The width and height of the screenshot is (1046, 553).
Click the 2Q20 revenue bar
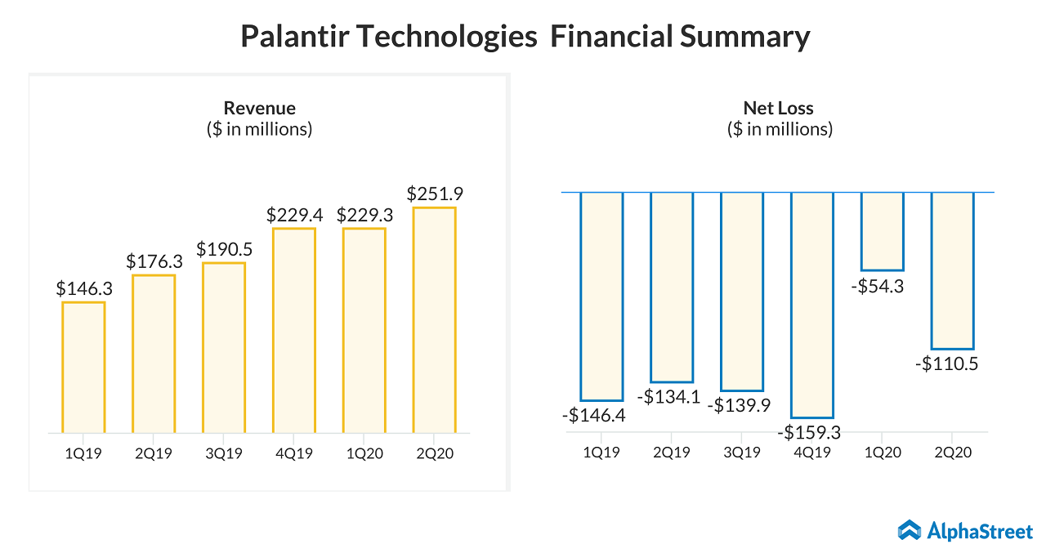click(434, 319)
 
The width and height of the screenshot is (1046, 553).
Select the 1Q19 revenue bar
click(83, 367)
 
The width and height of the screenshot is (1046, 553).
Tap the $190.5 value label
click(223, 249)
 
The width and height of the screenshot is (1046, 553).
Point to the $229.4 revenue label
click(294, 216)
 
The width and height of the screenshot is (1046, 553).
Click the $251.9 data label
click(434, 194)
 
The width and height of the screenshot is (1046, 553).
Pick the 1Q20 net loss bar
click(882, 231)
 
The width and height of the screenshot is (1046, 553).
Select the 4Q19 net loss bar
click(811, 305)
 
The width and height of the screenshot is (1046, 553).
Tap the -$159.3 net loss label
click(810, 432)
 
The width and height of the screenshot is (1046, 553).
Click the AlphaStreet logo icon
click(910, 531)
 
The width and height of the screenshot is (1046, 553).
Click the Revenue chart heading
click(259, 108)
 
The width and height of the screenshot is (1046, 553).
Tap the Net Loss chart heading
click(778, 108)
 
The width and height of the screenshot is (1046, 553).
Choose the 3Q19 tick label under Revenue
click(223, 453)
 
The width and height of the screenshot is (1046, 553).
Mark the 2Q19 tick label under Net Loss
click(671, 453)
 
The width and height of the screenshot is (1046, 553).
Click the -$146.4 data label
click(594, 415)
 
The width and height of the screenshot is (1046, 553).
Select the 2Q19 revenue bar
click(154, 353)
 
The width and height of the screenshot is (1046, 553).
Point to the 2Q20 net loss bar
click(952, 270)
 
